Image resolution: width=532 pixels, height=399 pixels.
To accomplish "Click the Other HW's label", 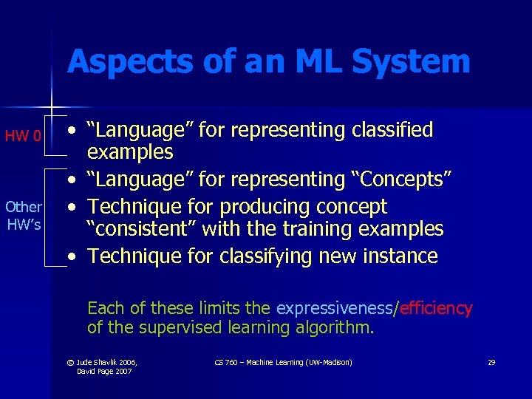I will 24,216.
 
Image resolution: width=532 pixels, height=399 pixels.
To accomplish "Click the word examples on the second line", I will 130,153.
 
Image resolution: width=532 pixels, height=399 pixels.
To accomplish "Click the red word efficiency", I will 436,308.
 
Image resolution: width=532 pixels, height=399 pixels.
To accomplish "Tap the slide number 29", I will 491,362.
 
